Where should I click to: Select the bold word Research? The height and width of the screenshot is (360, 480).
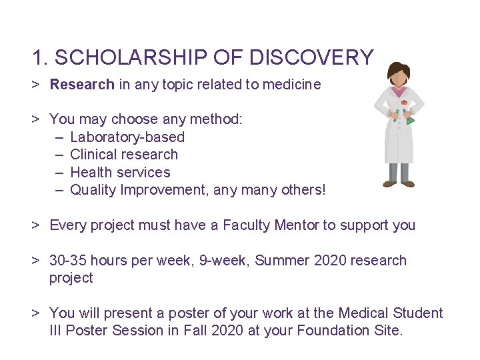click(82, 85)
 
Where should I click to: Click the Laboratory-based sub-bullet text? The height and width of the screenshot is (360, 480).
click(127, 137)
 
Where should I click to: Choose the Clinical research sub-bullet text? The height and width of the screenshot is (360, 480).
click(124, 155)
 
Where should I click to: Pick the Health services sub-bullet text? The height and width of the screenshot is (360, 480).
click(120, 173)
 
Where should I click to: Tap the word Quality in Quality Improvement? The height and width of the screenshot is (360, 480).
click(93, 190)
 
